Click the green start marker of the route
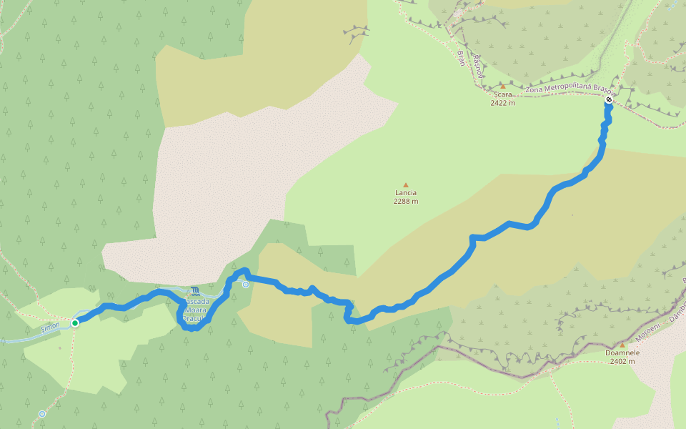coord(74,322)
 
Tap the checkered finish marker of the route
coord(608,100)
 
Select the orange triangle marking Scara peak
coord(502,87)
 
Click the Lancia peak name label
coord(405,192)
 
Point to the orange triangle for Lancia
coord(405,184)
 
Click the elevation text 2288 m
coord(405,201)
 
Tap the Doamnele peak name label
coord(622,352)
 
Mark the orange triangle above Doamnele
coord(622,345)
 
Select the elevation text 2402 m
coord(622,361)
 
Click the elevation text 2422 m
coord(502,103)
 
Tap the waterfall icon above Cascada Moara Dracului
coord(196,291)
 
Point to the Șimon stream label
coord(50,326)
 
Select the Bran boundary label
coord(461,59)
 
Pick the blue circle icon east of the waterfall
coord(246,285)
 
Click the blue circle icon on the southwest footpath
coord(42,414)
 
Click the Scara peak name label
coord(502,94)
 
